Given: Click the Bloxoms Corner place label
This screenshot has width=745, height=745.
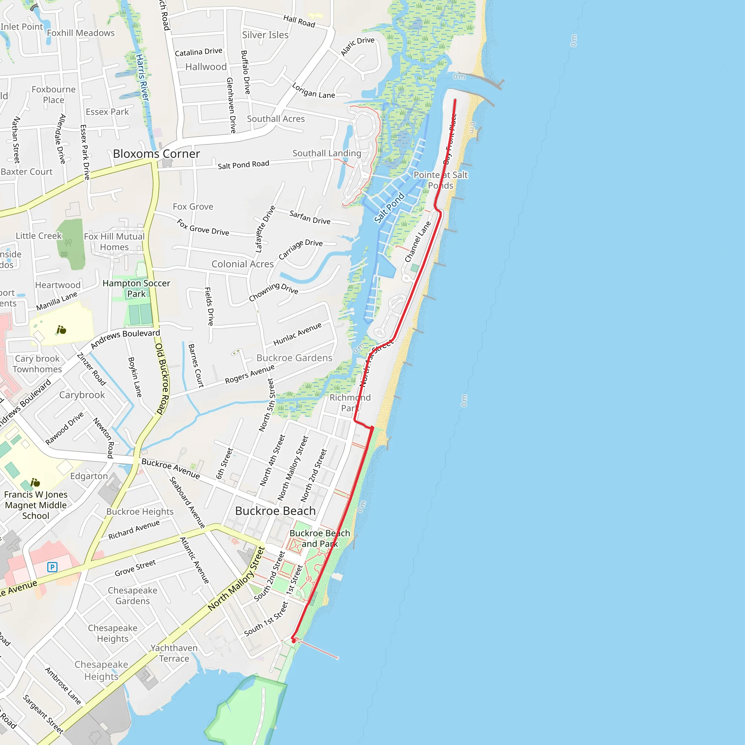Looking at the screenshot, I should click(x=156, y=154).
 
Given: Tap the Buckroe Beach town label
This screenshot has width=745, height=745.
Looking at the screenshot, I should click(x=275, y=511).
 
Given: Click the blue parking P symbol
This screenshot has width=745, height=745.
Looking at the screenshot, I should click(x=52, y=567).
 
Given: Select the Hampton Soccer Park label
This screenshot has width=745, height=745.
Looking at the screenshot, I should click(x=136, y=288).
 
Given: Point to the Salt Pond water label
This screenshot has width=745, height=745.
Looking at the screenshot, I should click(x=390, y=207).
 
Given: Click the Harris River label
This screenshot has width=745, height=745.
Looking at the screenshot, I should click(x=142, y=77).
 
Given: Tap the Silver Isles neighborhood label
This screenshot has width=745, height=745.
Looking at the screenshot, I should click(x=265, y=35).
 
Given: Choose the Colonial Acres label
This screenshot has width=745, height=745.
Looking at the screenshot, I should click(x=243, y=264).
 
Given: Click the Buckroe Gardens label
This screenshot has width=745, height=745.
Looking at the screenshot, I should click(x=294, y=358).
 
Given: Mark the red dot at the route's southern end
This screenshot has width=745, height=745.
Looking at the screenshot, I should click(x=294, y=641).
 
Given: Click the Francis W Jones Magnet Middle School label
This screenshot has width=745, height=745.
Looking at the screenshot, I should click(x=36, y=505).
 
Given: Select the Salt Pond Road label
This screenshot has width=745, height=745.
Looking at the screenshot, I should click(x=243, y=165).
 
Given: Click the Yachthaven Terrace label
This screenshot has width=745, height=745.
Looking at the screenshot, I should click(x=174, y=653).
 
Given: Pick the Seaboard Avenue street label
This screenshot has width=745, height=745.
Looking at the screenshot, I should click(x=187, y=502).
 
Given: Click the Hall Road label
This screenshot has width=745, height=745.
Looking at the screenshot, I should click(x=299, y=21).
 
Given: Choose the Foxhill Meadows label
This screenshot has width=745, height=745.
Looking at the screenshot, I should click(x=81, y=33).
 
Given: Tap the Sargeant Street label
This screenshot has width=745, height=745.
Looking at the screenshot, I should click(x=43, y=714).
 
